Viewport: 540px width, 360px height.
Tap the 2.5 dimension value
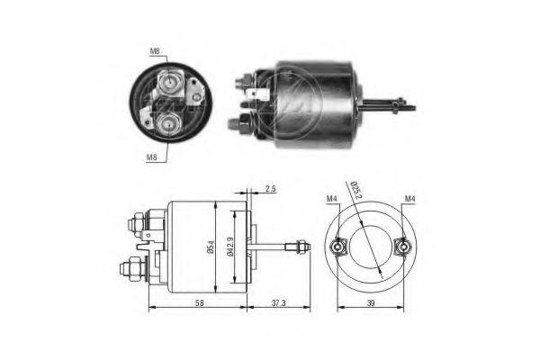point(271,190)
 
